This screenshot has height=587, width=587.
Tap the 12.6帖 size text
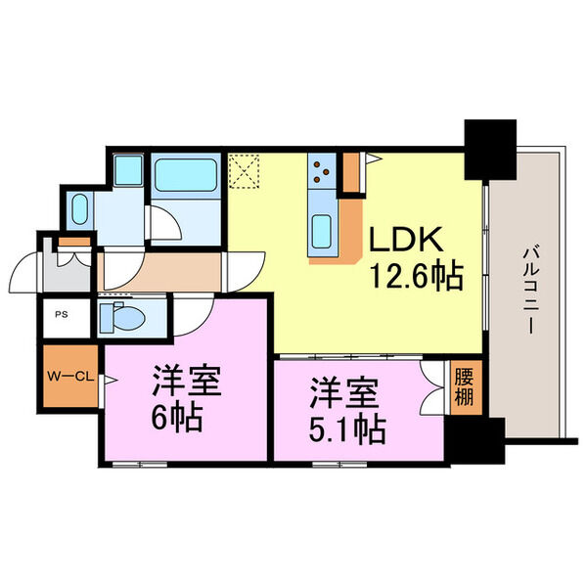415,278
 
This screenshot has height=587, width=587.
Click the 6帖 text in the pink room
177,418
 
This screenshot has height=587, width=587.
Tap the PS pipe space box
62,316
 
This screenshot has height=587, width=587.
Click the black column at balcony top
490,148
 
